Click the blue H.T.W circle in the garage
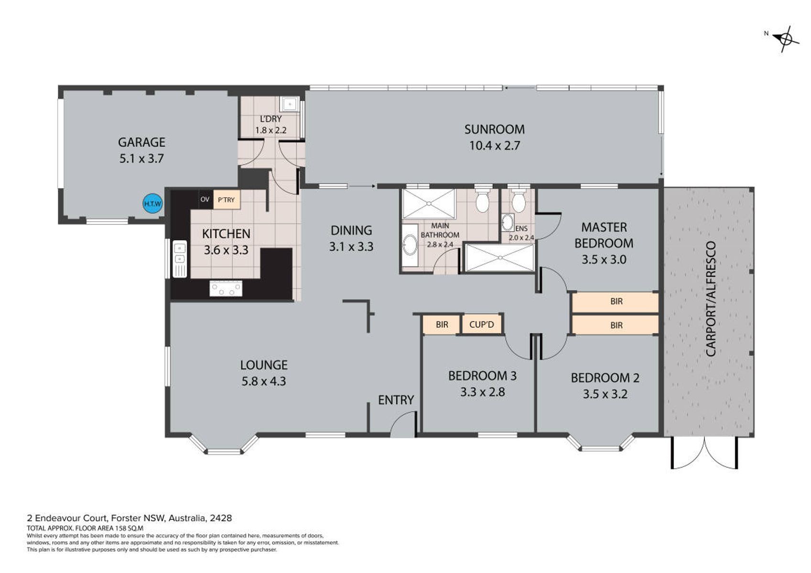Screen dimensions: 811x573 point(152,203)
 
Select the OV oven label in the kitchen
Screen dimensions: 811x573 point(205,199)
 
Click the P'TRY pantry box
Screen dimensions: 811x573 point(227,199)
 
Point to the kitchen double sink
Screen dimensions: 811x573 point(180,259)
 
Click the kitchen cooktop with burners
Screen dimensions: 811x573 point(226,289)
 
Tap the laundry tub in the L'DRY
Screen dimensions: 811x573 point(289,105)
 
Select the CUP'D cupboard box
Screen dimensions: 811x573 point(482,325)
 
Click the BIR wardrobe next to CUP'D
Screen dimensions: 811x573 point(442,325)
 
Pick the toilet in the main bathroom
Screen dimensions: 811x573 point(483,200)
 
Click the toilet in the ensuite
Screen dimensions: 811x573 point(519,200)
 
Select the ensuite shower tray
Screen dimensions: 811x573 point(499,257)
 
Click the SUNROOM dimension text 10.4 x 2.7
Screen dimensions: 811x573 point(495,146)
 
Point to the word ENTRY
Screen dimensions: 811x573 point(396,400)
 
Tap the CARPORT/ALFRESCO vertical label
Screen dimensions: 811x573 point(711,299)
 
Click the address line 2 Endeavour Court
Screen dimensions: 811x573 point(129,518)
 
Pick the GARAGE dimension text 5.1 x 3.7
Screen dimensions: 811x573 point(141,159)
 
